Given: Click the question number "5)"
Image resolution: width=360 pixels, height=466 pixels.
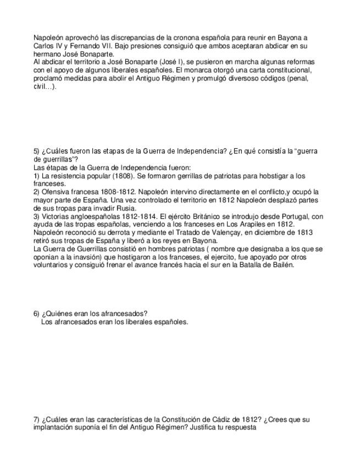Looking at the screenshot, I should [36, 151].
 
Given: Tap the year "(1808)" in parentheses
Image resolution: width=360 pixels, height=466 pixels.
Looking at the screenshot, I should [122, 176].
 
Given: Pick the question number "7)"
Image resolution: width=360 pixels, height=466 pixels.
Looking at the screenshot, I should [36, 419].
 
